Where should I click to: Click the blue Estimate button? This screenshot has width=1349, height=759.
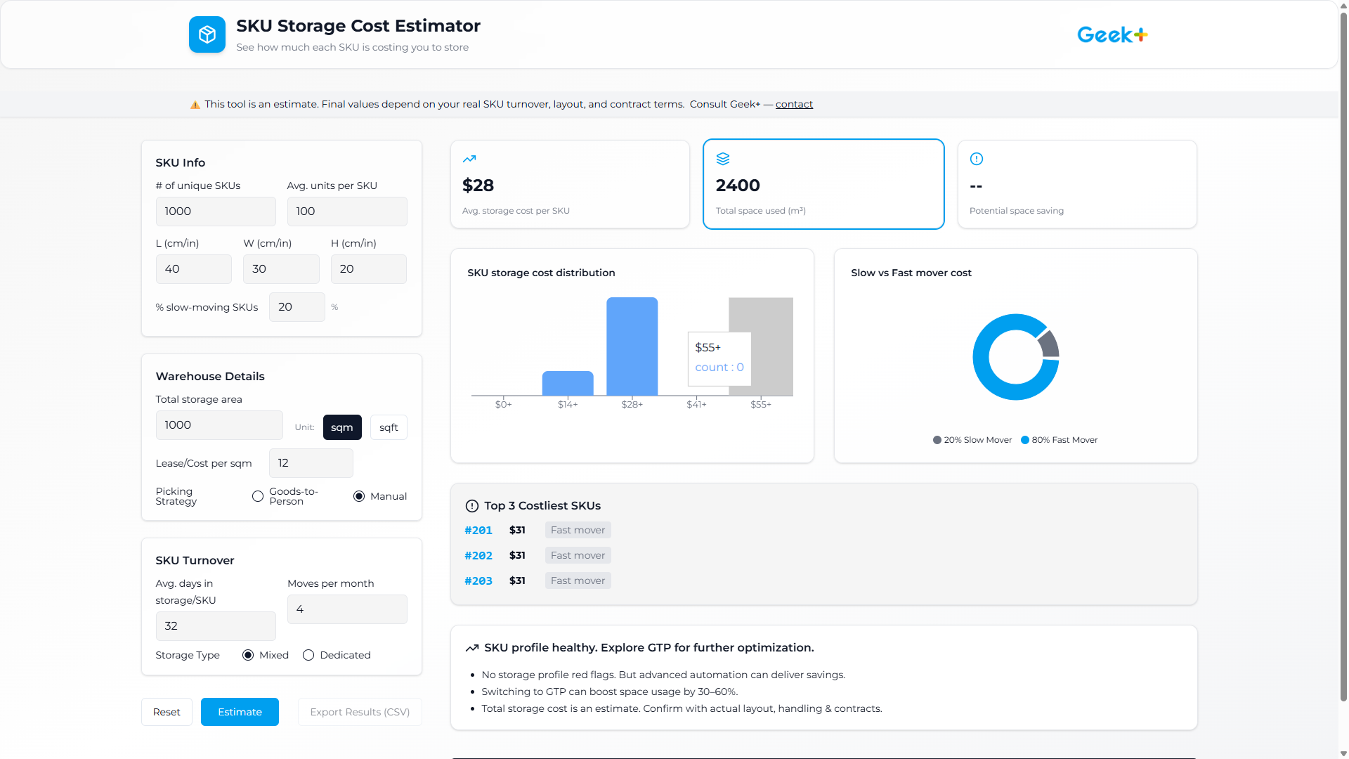[x=240, y=712]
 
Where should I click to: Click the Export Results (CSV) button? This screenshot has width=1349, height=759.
[x=360, y=712]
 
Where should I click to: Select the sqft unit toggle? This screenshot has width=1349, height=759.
[x=389, y=427]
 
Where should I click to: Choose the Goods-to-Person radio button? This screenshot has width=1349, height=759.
[x=258, y=496]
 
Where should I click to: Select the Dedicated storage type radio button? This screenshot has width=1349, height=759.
[x=308, y=655]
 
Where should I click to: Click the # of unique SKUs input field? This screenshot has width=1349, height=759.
[x=216, y=212]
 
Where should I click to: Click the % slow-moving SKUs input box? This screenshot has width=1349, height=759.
[x=296, y=307]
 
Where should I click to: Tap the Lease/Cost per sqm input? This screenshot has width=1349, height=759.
[x=311, y=463]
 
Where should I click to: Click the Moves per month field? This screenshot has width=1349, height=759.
[x=347, y=609]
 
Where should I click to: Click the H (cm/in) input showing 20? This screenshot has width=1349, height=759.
[x=368, y=269]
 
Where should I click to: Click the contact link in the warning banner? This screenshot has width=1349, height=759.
[x=794, y=104]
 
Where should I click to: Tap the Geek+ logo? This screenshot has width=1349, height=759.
[x=1112, y=34]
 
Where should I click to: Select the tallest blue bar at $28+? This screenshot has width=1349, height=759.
[x=632, y=346]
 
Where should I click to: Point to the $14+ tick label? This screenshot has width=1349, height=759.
[x=568, y=404]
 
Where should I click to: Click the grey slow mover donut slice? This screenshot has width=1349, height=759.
[x=1050, y=344]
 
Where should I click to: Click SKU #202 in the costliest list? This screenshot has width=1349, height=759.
[x=478, y=555]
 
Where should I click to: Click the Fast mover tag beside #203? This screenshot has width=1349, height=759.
[x=578, y=580]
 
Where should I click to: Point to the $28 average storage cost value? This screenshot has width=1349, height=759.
[x=478, y=186]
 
